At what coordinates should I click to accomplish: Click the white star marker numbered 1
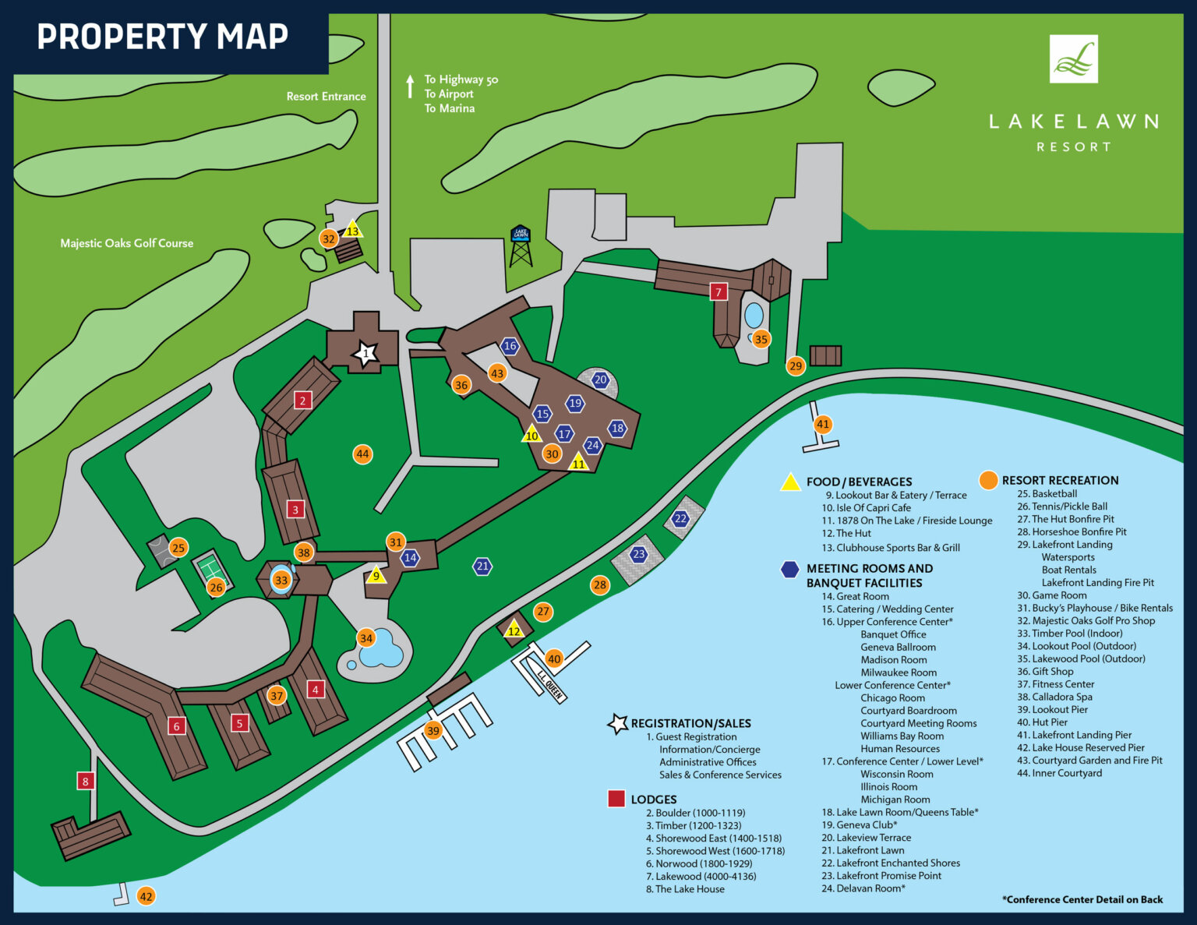tap(365, 354)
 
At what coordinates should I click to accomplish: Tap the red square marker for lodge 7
tap(719, 291)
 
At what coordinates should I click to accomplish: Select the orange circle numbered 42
tap(146, 896)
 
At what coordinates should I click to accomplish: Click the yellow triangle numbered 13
tap(353, 230)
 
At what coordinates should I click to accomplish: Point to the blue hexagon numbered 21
tap(482, 567)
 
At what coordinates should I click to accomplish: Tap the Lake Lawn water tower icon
tap(521, 245)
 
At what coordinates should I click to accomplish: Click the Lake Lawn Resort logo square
tap(1073, 58)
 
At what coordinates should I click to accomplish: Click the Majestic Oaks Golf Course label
tap(127, 243)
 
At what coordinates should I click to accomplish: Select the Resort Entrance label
tap(326, 97)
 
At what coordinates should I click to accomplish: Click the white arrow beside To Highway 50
tap(410, 86)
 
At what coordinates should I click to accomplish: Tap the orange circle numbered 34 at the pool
tap(365, 638)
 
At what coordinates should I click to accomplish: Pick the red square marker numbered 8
tap(86, 780)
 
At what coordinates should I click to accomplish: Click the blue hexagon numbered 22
tap(681, 518)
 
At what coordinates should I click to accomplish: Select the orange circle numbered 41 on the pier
tap(823, 424)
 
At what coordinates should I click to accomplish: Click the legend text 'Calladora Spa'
tap(1061, 697)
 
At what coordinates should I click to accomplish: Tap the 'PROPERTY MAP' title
tap(163, 37)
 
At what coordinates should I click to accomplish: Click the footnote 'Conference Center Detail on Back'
tap(1082, 899)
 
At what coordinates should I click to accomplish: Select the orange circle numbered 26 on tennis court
tap(216, 587)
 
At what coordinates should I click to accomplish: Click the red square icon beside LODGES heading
tap(616, 799)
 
